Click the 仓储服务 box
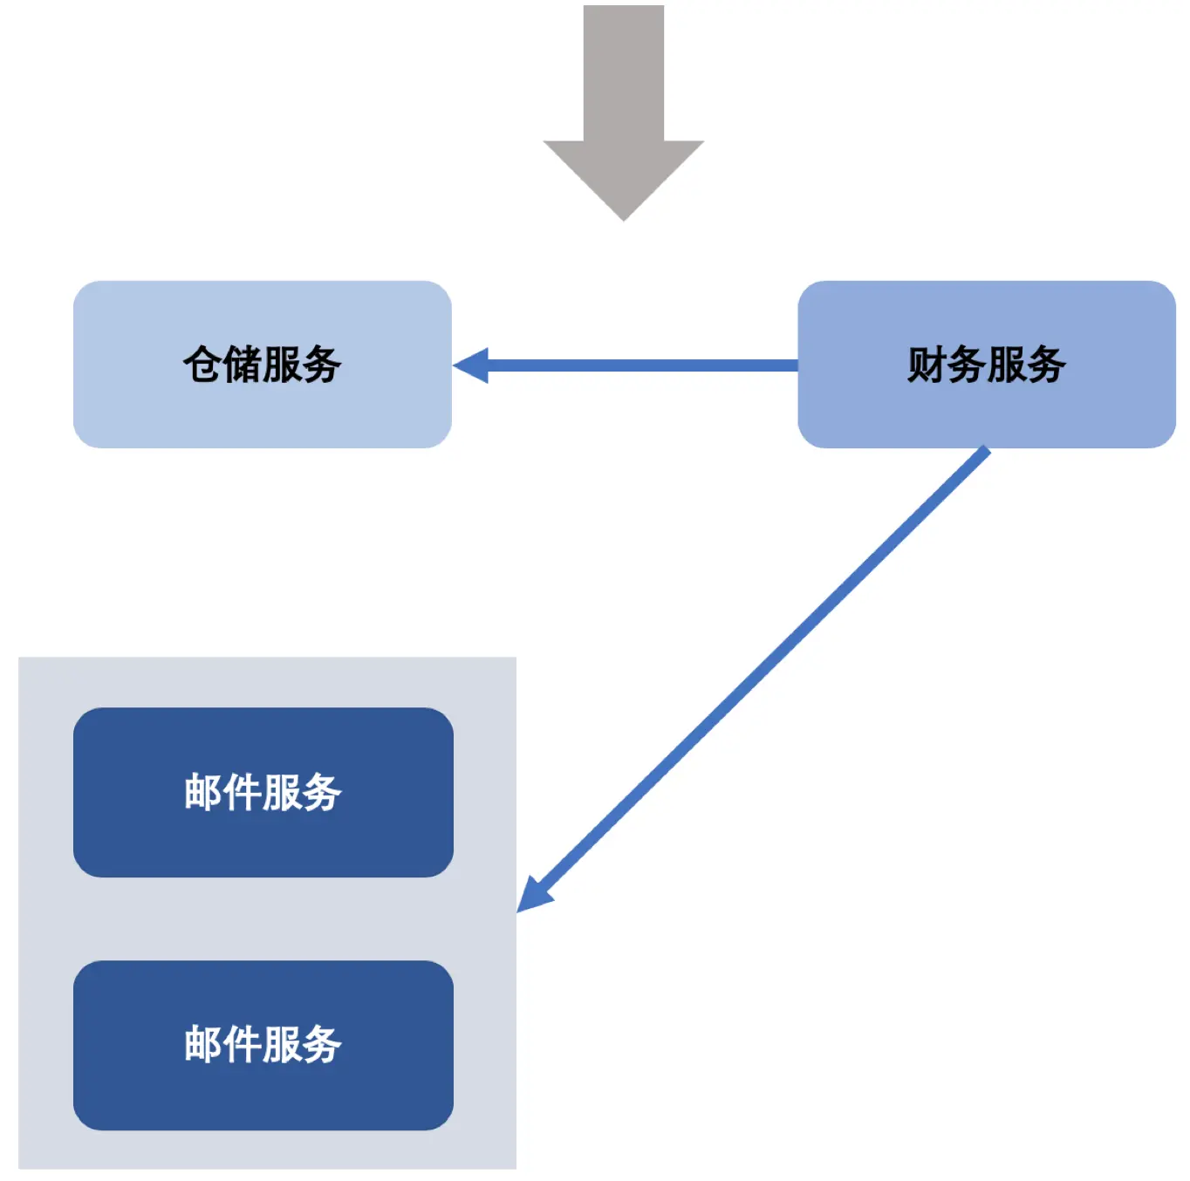(262, 410)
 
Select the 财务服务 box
(986, 410)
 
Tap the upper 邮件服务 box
(262, 837)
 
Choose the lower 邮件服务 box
(262, 1090)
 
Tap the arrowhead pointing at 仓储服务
(472, 365)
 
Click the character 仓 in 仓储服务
(202, 365)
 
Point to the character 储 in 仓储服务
(242, 365)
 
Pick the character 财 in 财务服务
(927, 365)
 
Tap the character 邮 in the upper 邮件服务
(202, 792)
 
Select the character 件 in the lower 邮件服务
(242, 1044)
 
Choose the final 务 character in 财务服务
(1045, 365)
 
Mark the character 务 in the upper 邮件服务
(321, 792)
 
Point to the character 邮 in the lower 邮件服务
(202, 1044)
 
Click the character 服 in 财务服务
(1006, 365)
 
